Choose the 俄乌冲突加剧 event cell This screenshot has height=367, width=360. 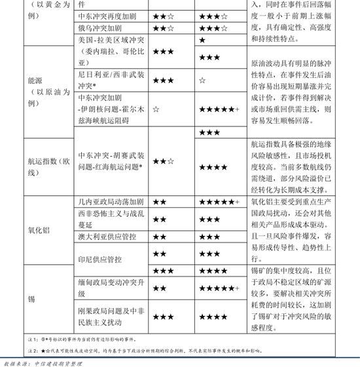100,28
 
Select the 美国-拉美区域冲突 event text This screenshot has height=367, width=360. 109,40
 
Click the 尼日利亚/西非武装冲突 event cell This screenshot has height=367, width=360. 109,80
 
